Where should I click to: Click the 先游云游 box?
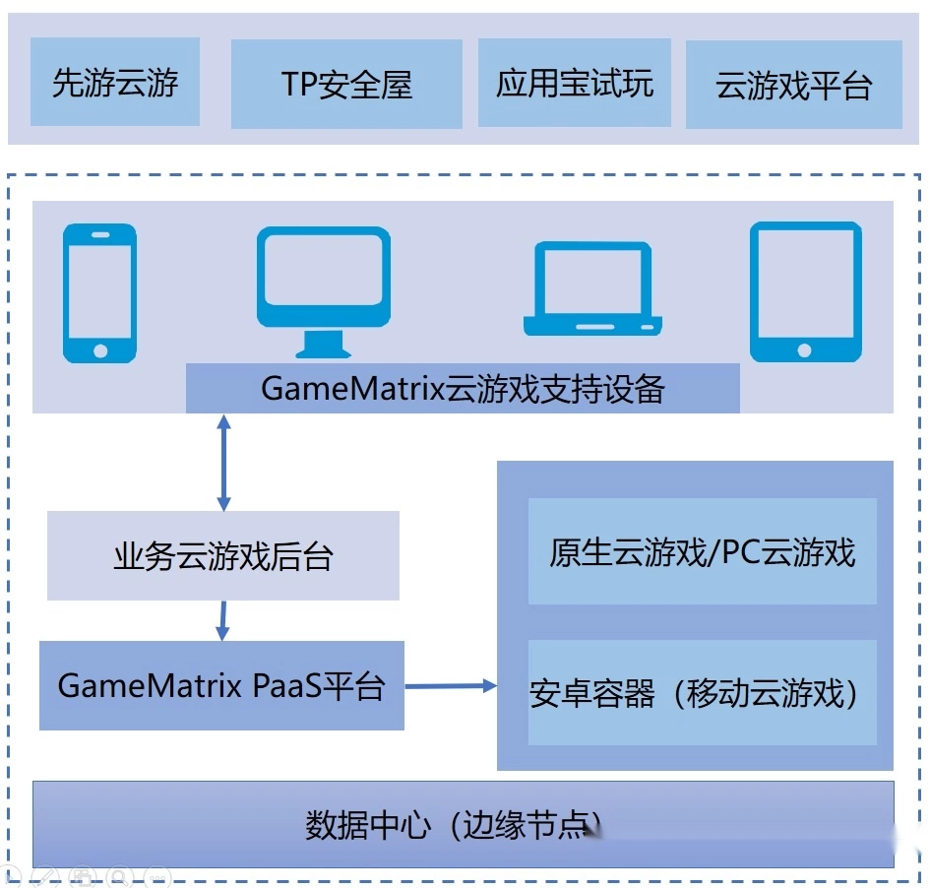click(x=115, y=82)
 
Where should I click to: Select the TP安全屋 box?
click(x=346, y=85)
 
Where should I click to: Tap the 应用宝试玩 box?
click(x=575, y=83)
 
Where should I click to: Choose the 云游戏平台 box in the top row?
click(x=793, y=85)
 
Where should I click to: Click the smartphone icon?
click(x=99, y=292)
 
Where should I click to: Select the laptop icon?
click(x=592, y=287)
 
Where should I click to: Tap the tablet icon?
click(x=805, y=290)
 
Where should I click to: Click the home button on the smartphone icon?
click(x=99, y=349)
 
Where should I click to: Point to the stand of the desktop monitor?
click(x=323, y=344)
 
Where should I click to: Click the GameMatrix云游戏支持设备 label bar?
click(x=463, y=389)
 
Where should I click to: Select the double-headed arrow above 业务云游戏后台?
click(x=223, y=462)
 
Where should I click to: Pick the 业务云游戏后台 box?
click(x=223, y=556)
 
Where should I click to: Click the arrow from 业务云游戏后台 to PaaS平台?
click(x=222, y=620)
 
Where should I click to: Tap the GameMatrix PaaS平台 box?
click(x=221, y=685)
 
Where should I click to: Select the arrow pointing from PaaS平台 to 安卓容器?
click(x=451, y=685)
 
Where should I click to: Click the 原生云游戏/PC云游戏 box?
click(x=702, y=551)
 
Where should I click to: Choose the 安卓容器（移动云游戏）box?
click(x=702, y=693)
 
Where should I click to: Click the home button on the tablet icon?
click(x=805, y=349)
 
